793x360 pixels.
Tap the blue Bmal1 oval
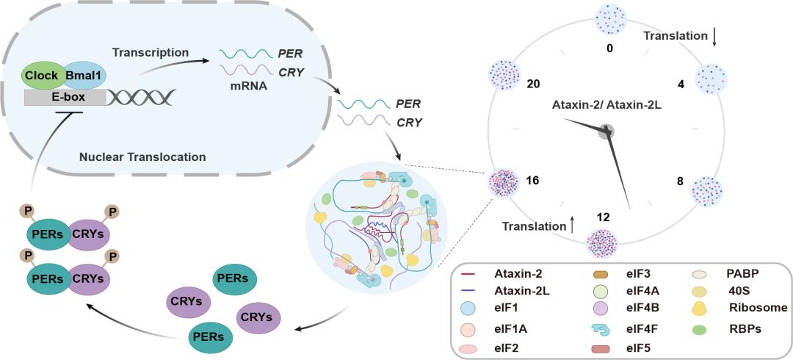click(x=85, y=75)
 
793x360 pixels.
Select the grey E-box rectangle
click(x=65, y=96)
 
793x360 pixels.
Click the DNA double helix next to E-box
click(x=142, y=96)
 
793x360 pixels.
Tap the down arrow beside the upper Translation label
click(x=714, y=36)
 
